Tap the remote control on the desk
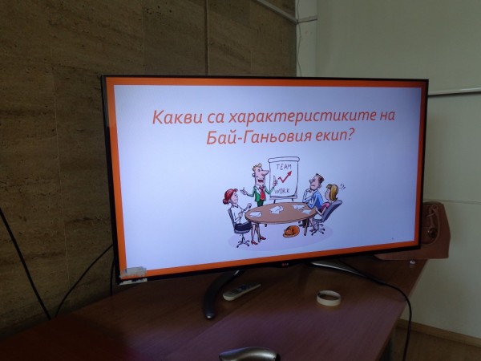pos(241,290)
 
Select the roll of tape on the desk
pos(328,297)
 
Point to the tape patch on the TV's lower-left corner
pos(134,273)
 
